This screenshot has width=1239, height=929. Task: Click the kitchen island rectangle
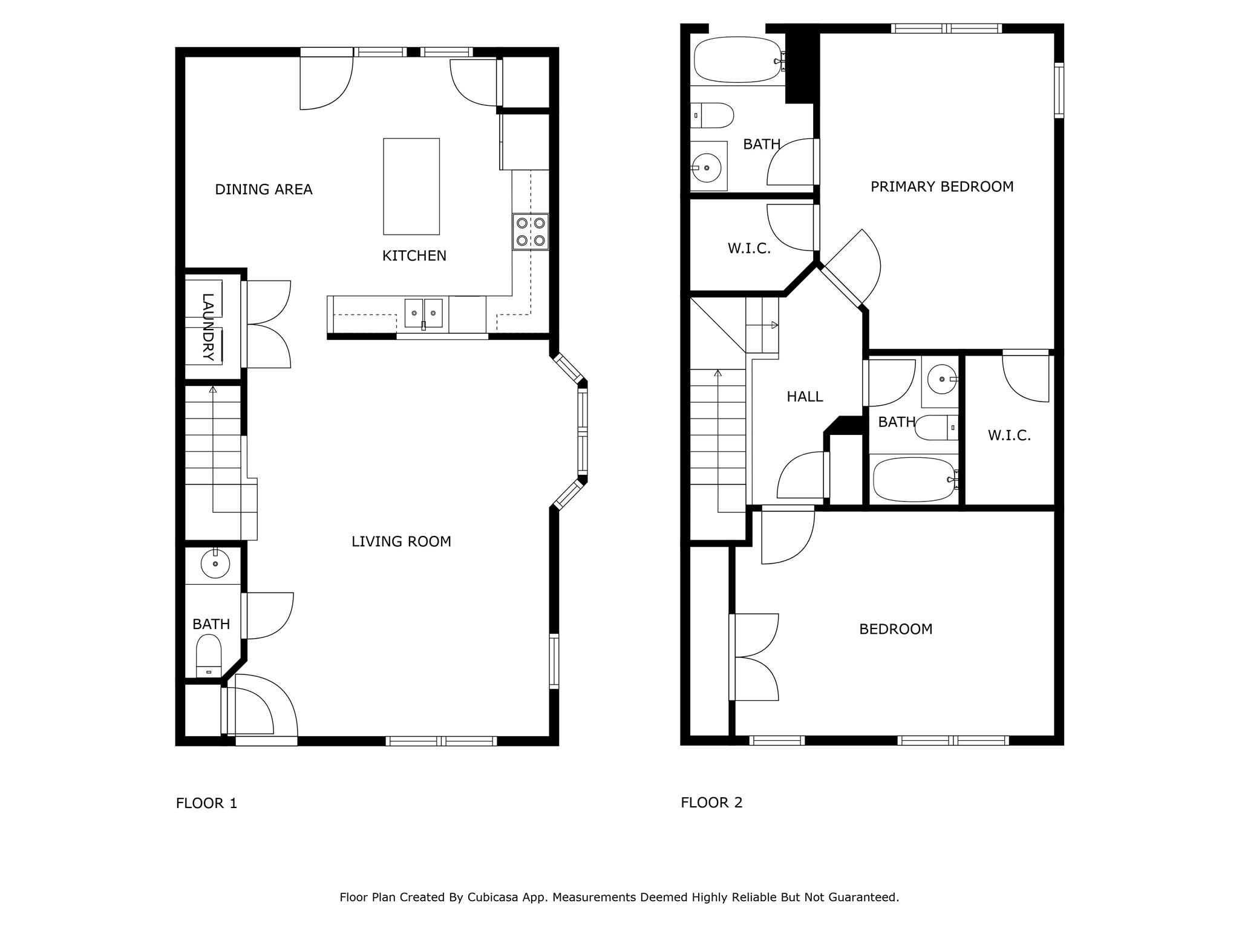pyautogui.click(x=411, y=186)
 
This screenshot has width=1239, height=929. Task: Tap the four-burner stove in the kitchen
pyautogui.click(x=531, y=232)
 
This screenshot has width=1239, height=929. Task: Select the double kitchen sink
pyautogui.click(x=423, y=313)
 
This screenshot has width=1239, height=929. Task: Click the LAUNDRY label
pyautogui.click(x=208, y=327)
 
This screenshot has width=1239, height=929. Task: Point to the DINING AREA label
pyautogui.click(x=264, y=189)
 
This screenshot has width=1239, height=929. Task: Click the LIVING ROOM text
pyautogui.click(x=401, y=541)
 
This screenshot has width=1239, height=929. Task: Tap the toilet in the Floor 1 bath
pyautogui.click(x=209, y=656)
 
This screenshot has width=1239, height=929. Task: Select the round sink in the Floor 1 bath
pyautogui.click(x=215, y=564)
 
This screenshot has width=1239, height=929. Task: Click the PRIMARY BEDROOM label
pyautogui.click(x=942, y=187)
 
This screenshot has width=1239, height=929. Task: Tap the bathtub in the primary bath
pyautogui.click(x=739, y=60)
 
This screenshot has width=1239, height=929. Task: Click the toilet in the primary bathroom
pyautogui.click(x=712, y=115)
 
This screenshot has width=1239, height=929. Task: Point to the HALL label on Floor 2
pyautogui.click(x=805, y=397)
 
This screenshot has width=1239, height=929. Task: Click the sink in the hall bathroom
pyautogui.click(x=942, y=379)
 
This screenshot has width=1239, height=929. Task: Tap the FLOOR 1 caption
pyautogui.click(x=206, y=803)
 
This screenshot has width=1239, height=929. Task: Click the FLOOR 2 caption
pyautogui.click(x=711, y=803)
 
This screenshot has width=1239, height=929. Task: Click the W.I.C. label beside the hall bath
pyautogui.click(x=1009, y=435)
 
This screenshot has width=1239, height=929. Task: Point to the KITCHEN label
pyautogui.click(x=414, y=256)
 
